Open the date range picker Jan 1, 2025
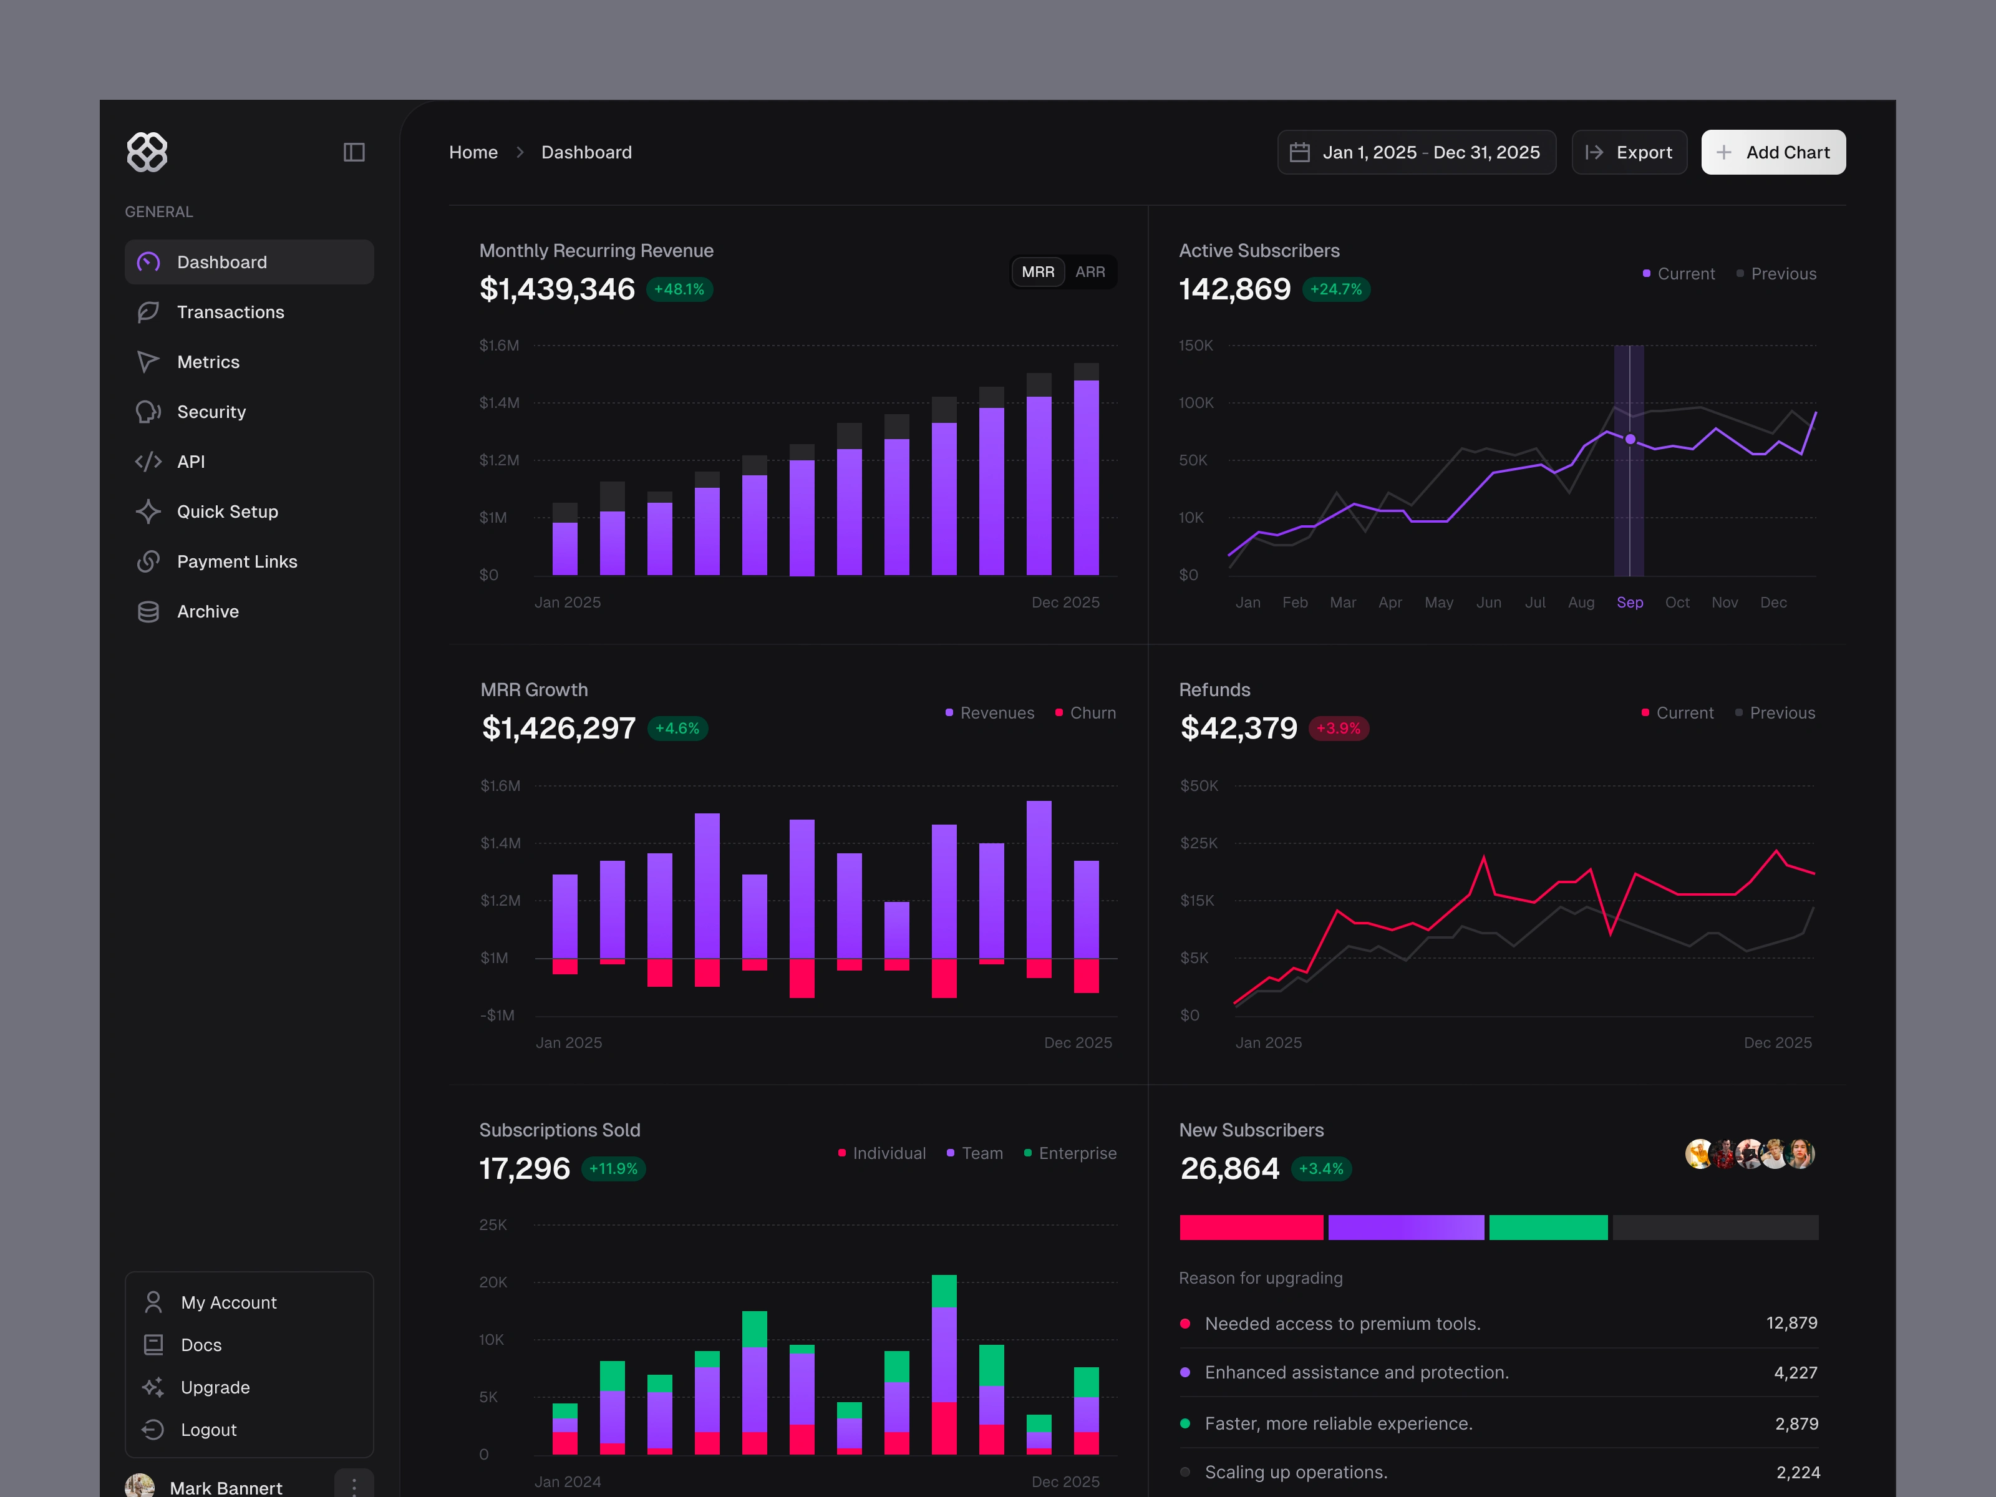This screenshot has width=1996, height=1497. [x=1416, y=152]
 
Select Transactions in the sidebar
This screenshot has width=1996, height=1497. [x=230, y=312]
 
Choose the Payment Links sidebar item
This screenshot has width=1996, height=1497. [x=236, y=561]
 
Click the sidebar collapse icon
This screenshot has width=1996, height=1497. [x=354, y=152]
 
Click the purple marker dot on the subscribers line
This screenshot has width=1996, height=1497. [x=1630, y=440]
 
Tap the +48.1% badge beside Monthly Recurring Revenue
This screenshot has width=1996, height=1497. [x=679, y=289]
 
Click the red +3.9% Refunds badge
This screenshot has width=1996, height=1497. [x=1338, y=728]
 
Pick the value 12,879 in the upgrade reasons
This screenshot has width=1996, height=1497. [x=1791, y=1323]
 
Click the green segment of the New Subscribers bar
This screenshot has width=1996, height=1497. [x=1548, y=1227]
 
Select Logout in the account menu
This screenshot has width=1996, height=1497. [x=208, y=1430]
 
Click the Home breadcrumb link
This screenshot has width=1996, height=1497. [x=473, y=152]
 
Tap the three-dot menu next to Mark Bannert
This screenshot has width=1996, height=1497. [x=354, y=1485]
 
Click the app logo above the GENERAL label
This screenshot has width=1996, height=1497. [x=147, y=152]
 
